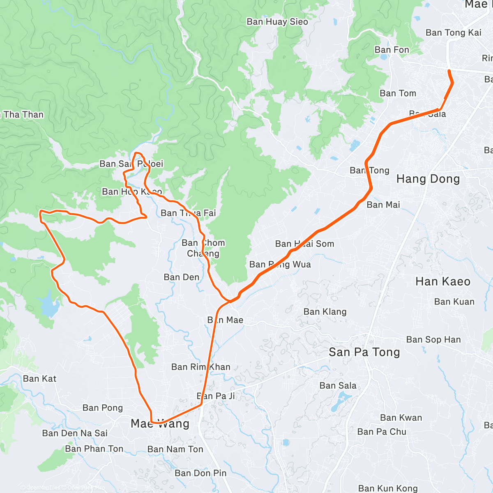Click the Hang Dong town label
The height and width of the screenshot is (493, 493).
click(428, 179)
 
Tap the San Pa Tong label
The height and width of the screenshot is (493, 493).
click(364, 352)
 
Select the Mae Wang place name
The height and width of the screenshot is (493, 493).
click(160, 424)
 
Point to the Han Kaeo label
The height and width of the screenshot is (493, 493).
click(443, 281)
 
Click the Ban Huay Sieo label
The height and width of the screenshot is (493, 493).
click(277, 22)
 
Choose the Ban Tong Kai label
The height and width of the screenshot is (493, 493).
click(453, 33)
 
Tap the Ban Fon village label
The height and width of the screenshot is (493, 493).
click(392, 50)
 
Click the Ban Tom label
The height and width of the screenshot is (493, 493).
click(398, 94)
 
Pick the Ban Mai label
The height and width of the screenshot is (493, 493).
click(383, 205)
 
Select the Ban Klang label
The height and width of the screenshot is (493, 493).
click(325, 312)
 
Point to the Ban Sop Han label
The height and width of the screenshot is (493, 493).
click(433, 340)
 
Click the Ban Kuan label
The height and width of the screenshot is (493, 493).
click(454, 302)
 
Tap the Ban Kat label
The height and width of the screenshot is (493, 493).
click(39, 379)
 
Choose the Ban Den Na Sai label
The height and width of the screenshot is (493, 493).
click(75, 433)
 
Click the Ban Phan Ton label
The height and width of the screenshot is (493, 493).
click(94, 449)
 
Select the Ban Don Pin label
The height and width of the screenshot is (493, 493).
click(200, 473)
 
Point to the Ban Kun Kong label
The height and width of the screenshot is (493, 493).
click(388, 488)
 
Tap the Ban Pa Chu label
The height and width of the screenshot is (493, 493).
click(382, 432)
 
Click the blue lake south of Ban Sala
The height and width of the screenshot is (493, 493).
click(340, 402)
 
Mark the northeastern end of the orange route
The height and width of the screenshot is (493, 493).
click(449, 71)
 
